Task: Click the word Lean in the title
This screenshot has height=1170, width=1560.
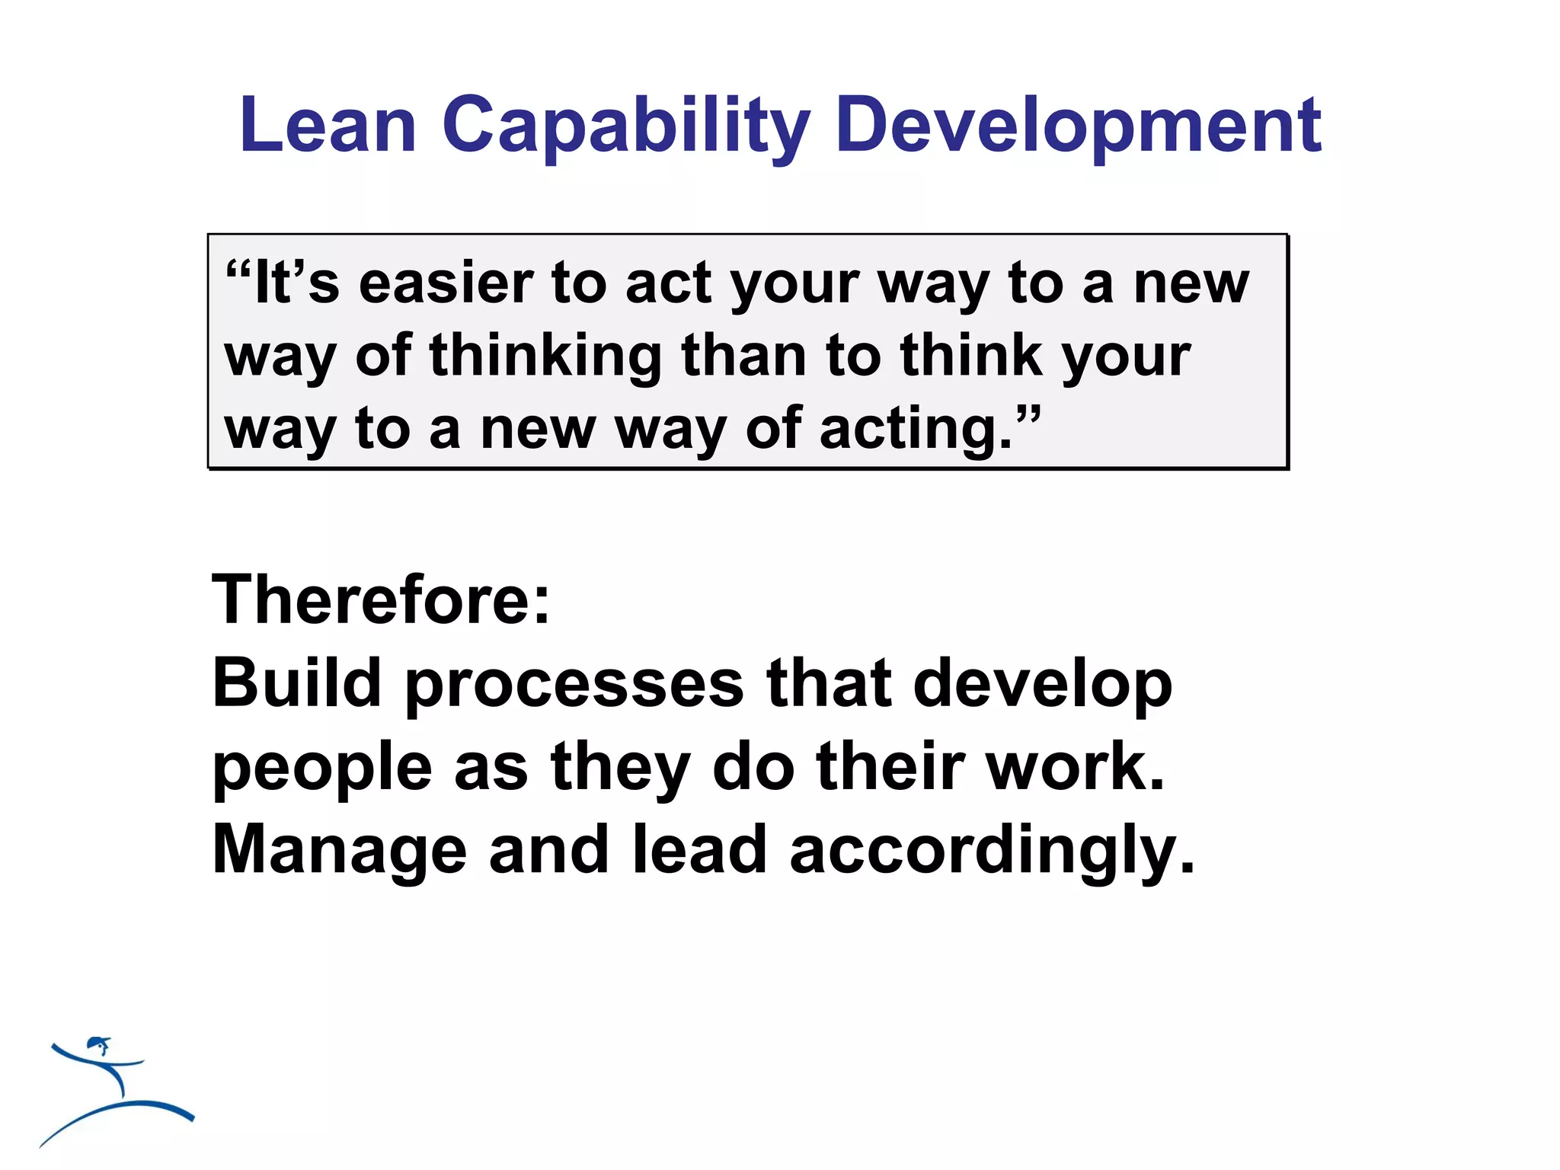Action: click(x=328, y=125)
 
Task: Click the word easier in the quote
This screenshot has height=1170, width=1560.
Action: click(x=446, y=283)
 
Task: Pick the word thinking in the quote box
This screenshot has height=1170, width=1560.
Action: click(x=545, y=356)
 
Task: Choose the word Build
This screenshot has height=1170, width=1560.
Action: click(x=296, y=682)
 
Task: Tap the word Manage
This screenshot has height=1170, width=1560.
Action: click(x=339, y=850)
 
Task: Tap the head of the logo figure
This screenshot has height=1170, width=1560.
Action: click(x=97, y=1043)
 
